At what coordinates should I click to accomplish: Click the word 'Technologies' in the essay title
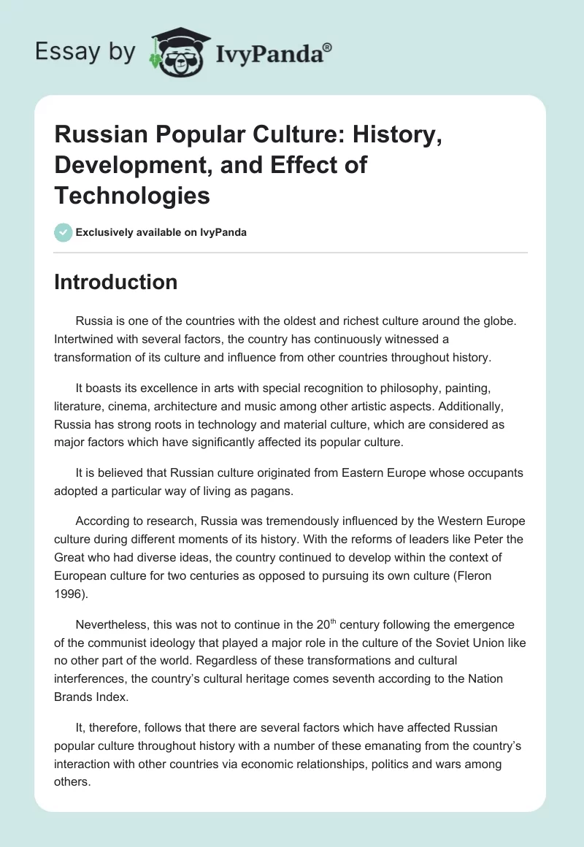click(132, 195)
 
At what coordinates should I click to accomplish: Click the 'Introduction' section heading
click(115, 282)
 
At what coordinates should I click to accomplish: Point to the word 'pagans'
click(267, 491)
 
